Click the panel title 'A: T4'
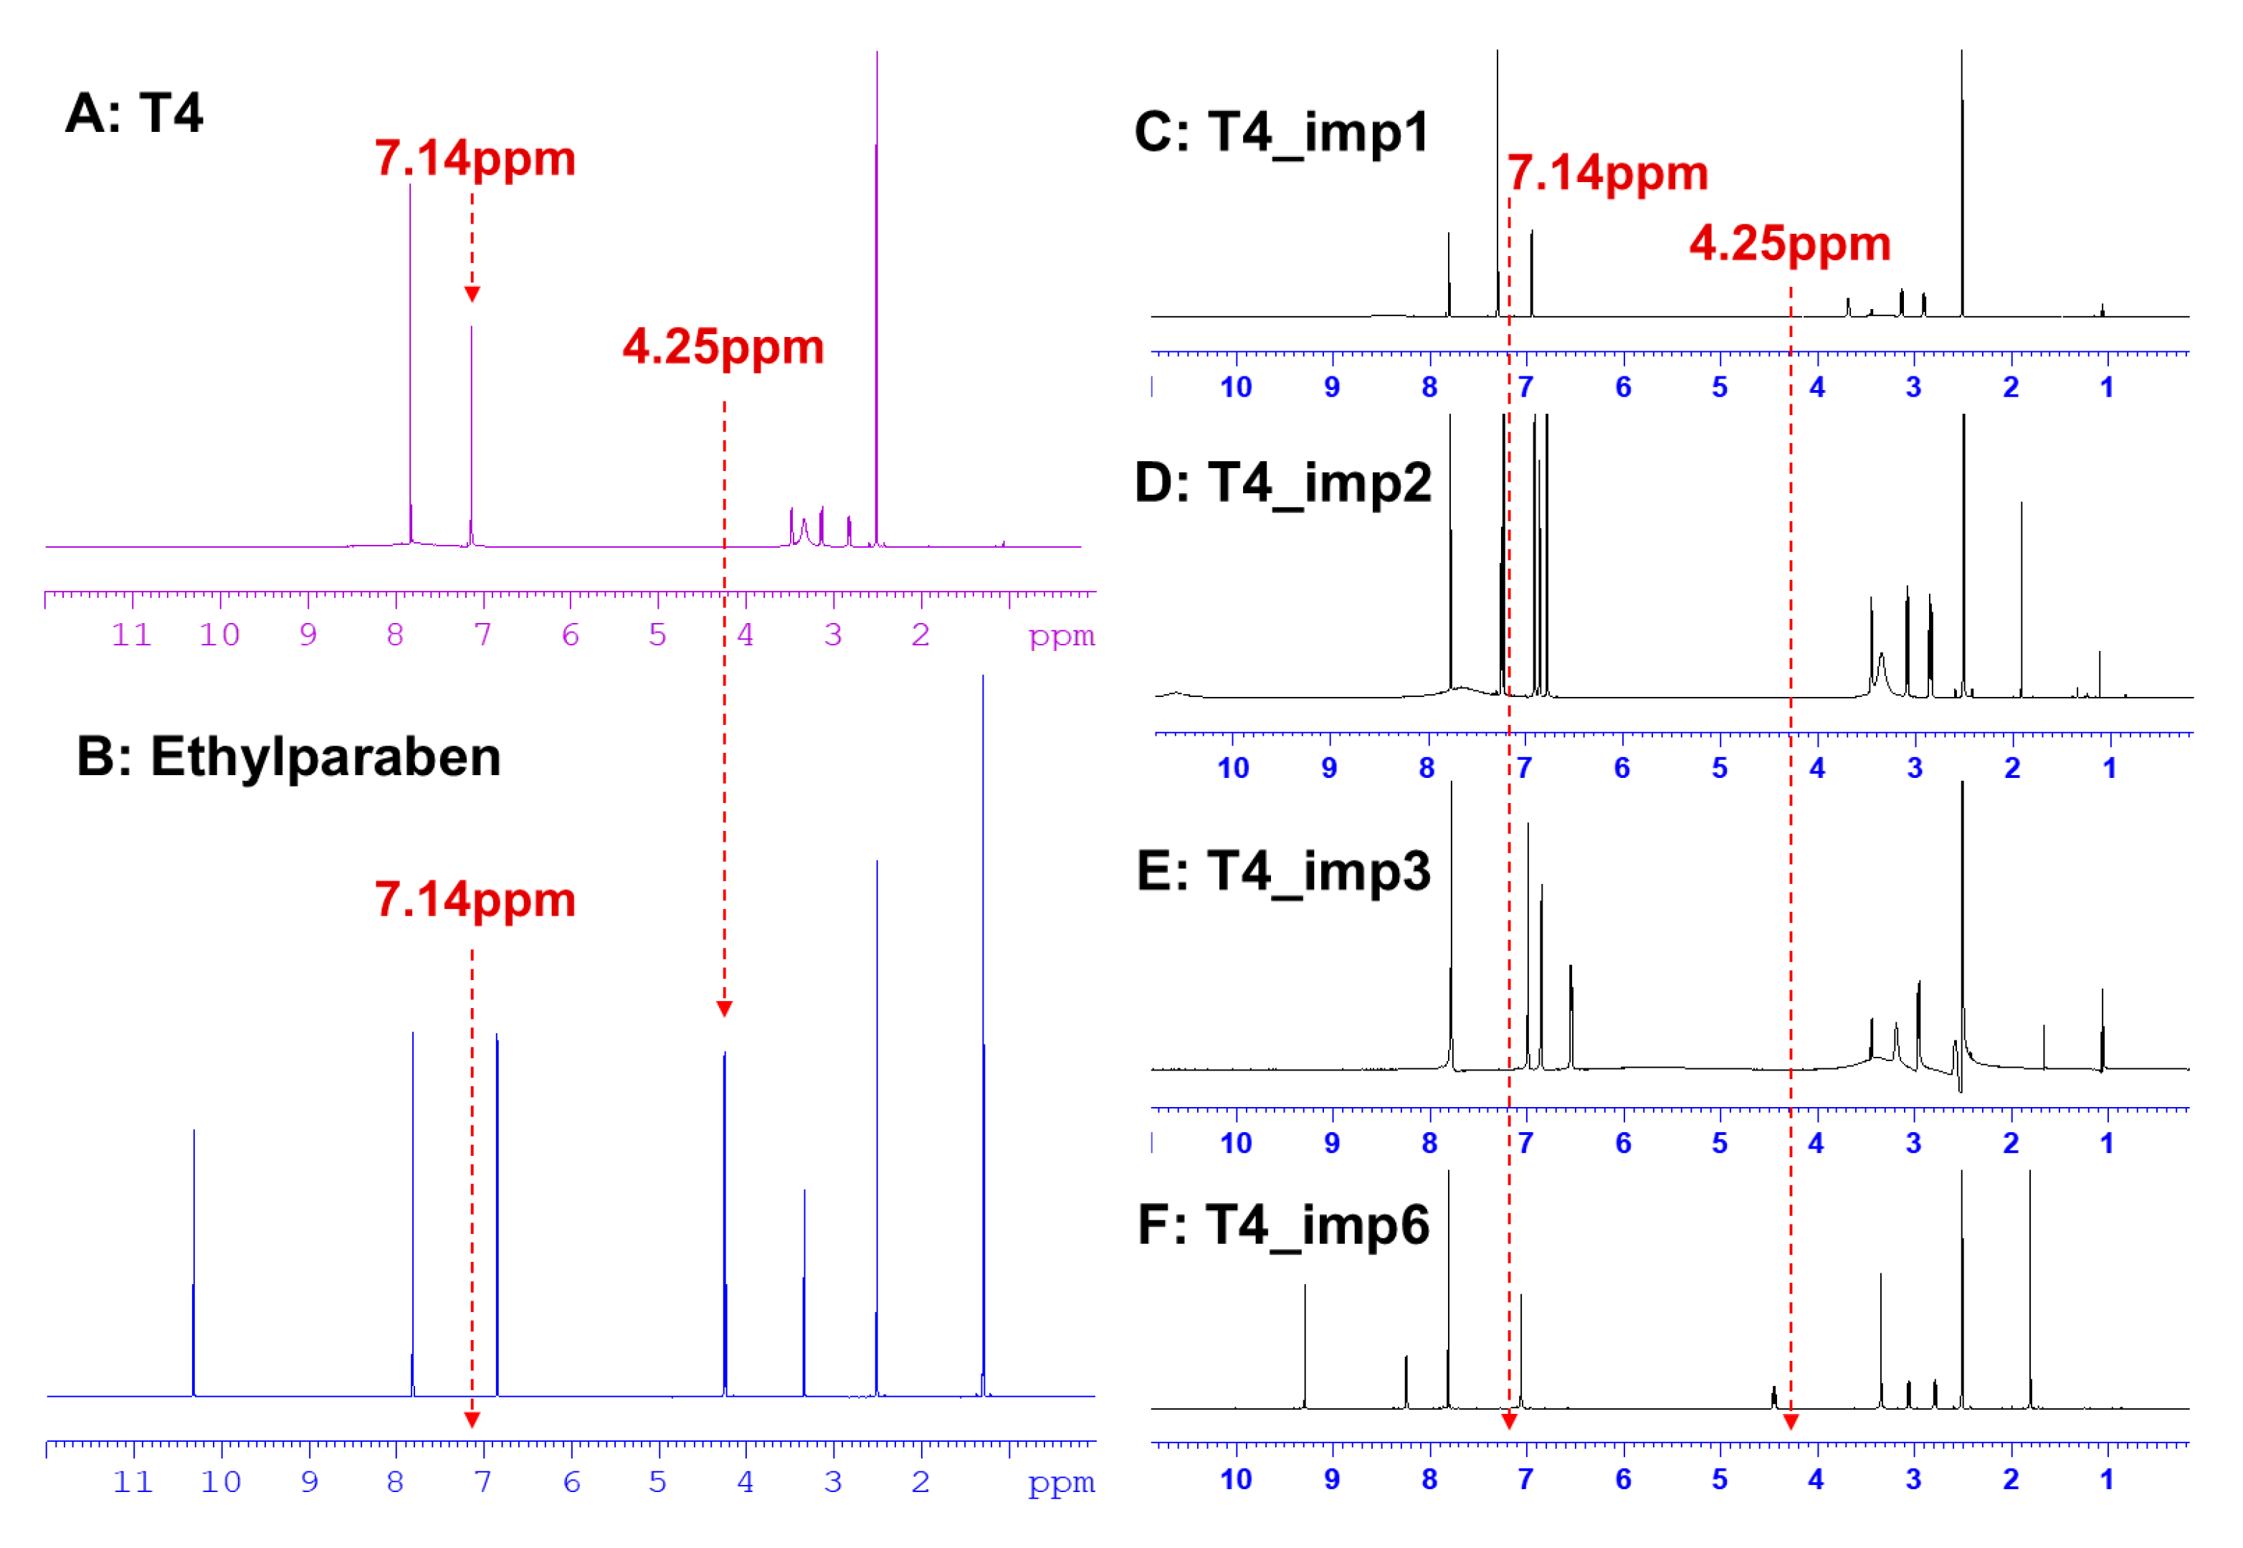click(134, 113)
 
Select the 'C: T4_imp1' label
click(1281, 132)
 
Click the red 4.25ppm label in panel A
click(723, 346)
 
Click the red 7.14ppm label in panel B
click(475, 899)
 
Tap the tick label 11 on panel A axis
click(132, 635)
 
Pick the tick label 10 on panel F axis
click(1235, 1479)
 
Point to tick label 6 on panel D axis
click(1621, 768)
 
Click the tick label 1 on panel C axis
click(2106, 387)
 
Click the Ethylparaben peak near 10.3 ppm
click(194, 1261)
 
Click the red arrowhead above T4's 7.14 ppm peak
click(472, 294)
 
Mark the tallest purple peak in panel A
click(877, 291)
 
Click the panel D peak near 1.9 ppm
click(2021, 602)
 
